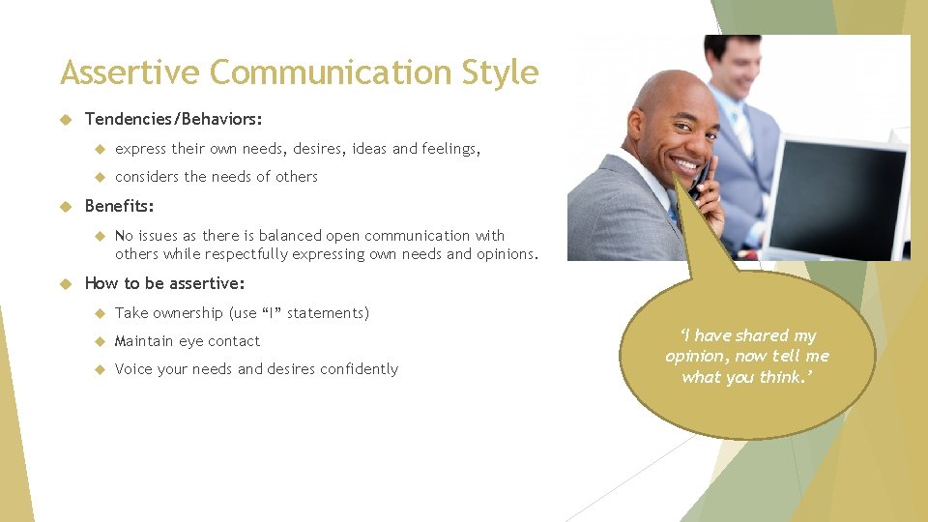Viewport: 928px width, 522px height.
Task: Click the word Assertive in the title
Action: (x=130, y=72)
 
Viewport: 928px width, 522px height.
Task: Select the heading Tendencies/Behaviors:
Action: (x=173, y=119)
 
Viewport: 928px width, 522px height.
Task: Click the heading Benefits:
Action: (x=119, y=206)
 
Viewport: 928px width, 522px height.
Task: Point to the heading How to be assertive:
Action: (x=164, y=283)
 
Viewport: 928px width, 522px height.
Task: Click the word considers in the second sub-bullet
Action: (x=147, y=177)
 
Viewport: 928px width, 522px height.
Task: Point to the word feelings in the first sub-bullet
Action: (x=449, y=149)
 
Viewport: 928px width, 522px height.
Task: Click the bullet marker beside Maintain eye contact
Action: (x=100, y=341)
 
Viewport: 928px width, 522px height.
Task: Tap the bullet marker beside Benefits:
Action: (x=67, y=206)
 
